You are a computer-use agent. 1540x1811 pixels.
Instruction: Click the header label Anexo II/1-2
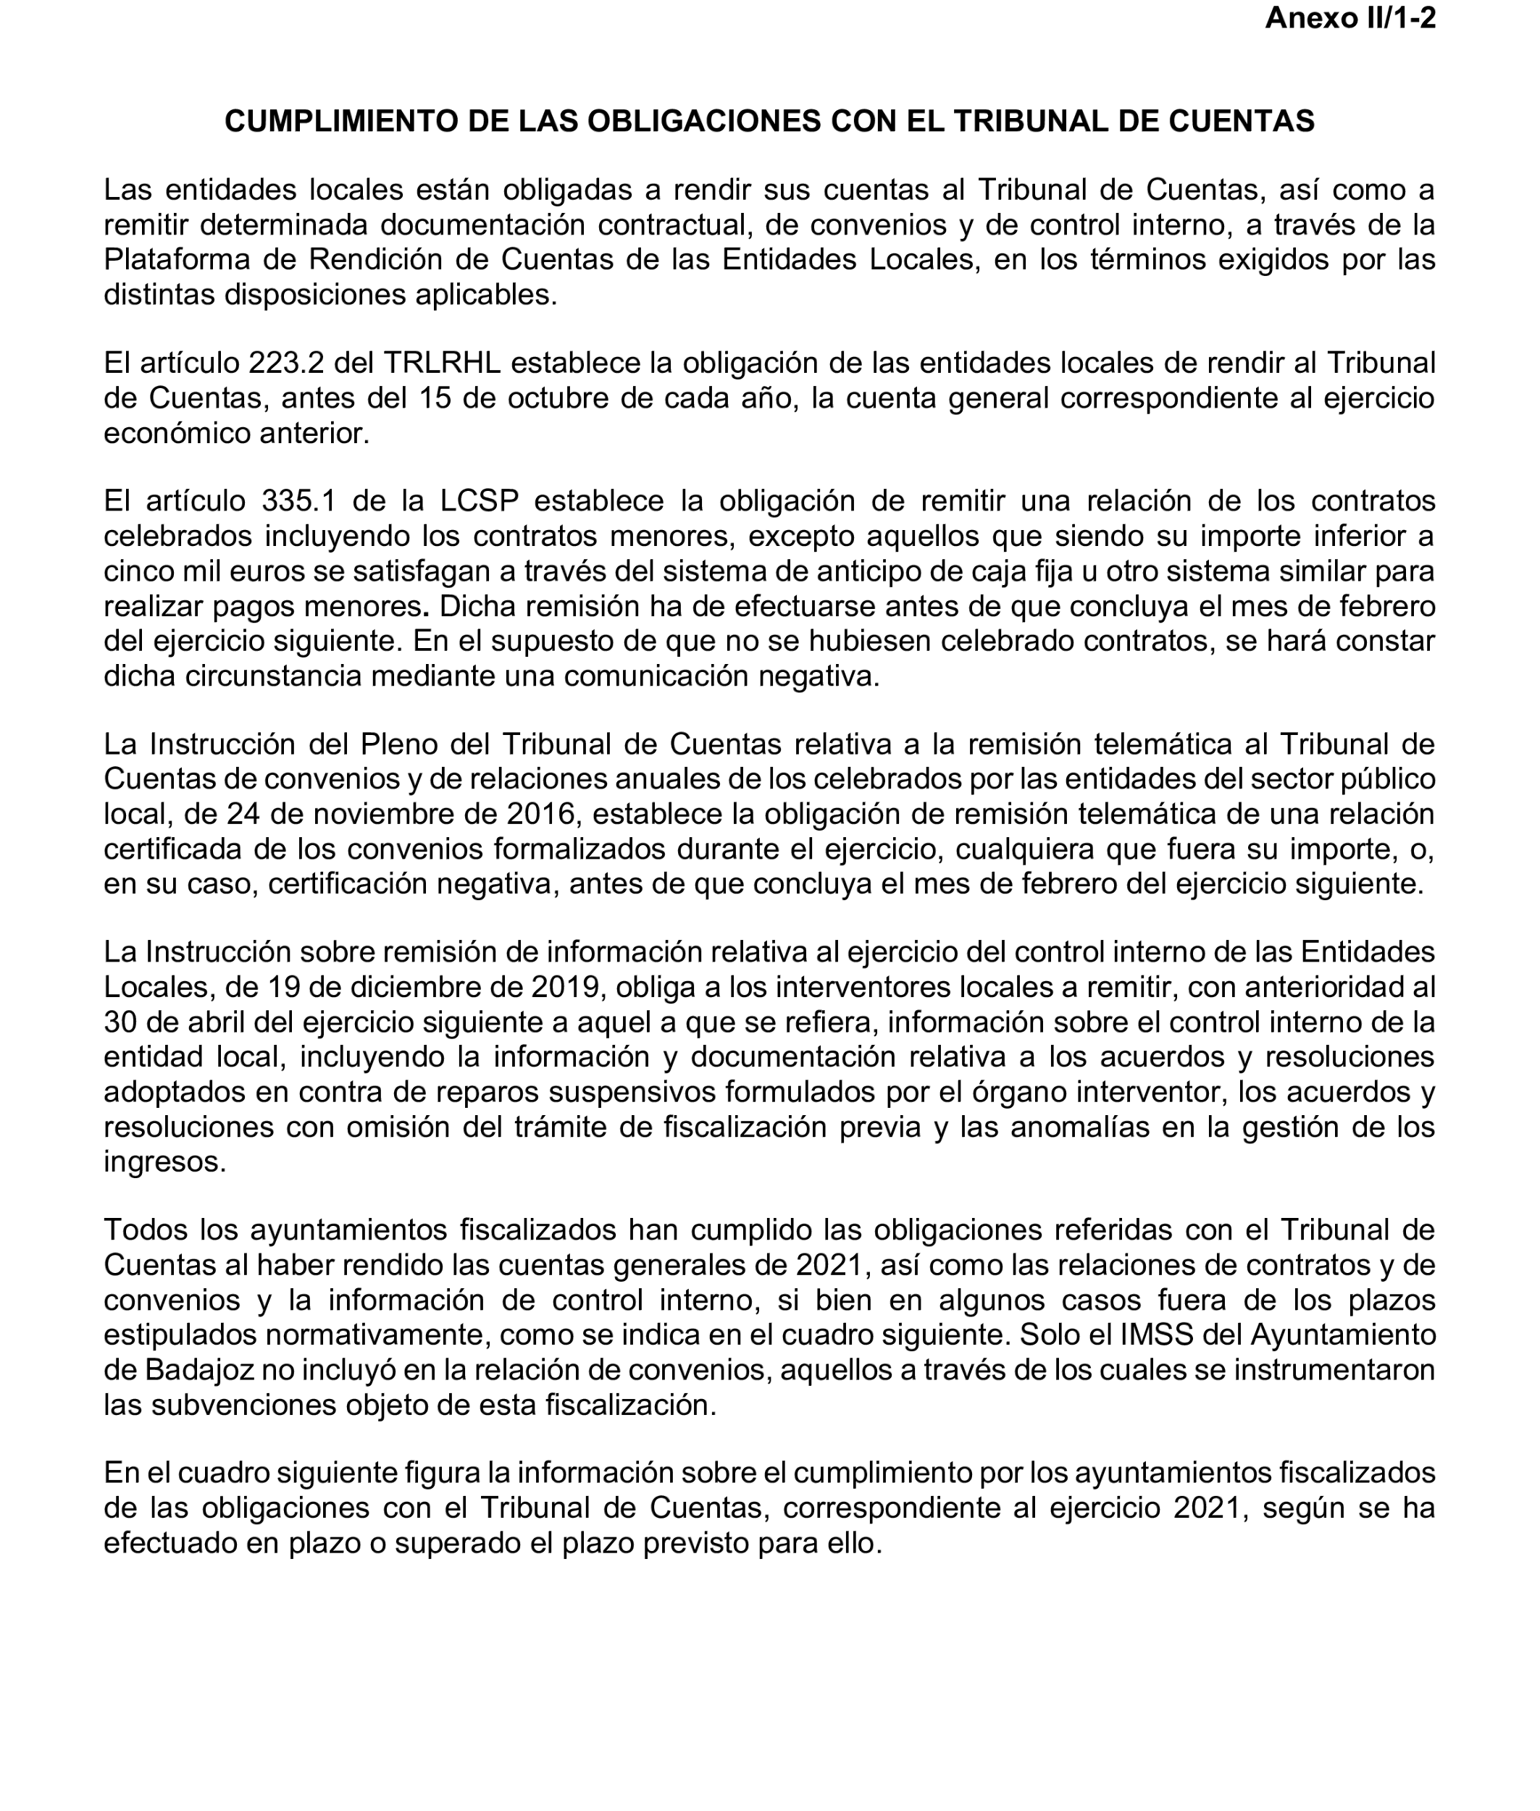pos(1349,18)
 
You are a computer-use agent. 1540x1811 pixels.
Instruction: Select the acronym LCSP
pos(480,501)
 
